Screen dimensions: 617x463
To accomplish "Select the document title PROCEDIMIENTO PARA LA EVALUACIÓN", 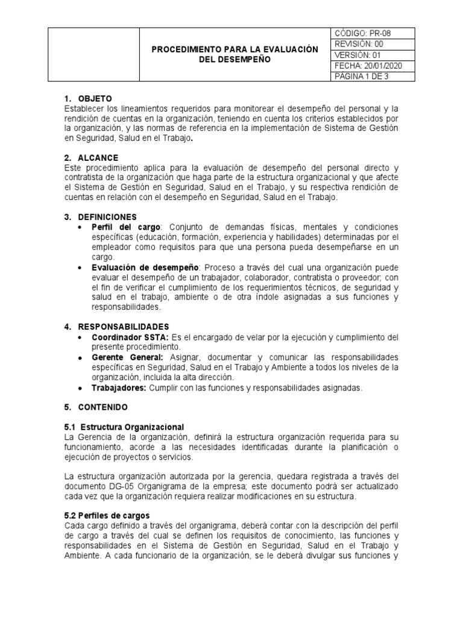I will [x=235, y=49].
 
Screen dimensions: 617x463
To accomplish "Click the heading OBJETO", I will [x=95, y=99].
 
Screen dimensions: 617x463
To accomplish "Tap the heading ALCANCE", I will [x=98, y=158].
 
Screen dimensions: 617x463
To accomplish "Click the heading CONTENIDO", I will [x=102, y=407].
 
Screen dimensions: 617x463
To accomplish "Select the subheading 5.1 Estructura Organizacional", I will [x=124, y=427].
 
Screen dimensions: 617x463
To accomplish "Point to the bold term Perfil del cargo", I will [x=126, y=227].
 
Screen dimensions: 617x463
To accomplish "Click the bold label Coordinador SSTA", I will [x=131, y=337].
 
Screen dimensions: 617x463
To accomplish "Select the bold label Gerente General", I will [x=127, y=357].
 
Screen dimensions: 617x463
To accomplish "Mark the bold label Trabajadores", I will [x=119, y=387].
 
